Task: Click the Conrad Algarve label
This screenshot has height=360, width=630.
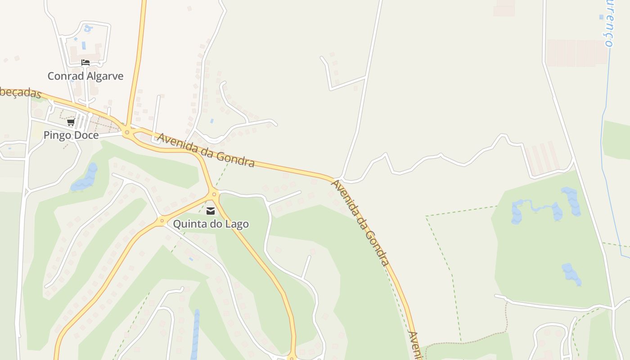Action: tap(85, 76)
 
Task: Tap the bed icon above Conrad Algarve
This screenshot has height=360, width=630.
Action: tap(85, 63)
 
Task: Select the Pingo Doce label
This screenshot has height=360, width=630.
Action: tap(71, 135)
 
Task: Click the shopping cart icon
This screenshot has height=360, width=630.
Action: tap(71, 122)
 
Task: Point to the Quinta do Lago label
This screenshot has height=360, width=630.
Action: tap(211, 224)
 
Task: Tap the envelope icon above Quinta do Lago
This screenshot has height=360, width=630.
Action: tap(211, 211)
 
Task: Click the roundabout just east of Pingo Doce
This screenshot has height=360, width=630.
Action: tap(127, 132)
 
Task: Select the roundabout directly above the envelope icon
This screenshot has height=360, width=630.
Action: tap(214, 194)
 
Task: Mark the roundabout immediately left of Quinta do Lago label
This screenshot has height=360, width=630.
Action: tap(162, 220)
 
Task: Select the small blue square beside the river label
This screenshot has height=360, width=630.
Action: tap(601, 17)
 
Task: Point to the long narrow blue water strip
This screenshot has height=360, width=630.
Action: tap(195, 333)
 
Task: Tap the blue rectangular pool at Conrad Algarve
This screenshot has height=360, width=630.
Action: tap(83, 46)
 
